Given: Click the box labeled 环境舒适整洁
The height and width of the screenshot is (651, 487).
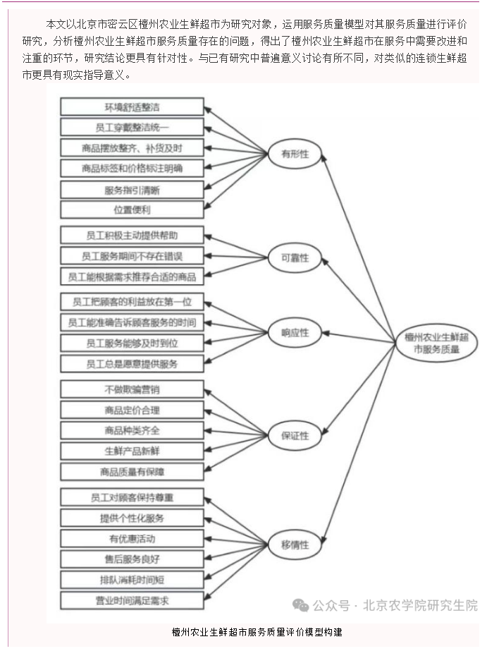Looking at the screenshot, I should tap(132, 107).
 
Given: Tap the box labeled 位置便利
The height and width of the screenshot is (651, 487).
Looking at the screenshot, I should tap(132, 209).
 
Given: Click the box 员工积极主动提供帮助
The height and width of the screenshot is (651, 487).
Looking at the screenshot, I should tap(132, 235).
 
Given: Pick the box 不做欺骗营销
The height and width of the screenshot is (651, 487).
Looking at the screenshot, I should tap(132, 389).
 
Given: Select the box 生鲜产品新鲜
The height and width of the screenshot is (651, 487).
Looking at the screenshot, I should tap(132, 451).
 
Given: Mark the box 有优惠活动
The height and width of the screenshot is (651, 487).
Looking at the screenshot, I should tap(132, 538).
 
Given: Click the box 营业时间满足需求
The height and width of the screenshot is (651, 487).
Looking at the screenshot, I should tap(132, 600).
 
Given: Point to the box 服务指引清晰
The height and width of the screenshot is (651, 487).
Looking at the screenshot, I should tap(132, 190).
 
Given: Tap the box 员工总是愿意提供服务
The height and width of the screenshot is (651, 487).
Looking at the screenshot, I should tap(132, 364).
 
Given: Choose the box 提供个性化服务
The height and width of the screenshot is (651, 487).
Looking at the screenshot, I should tap(132, 518).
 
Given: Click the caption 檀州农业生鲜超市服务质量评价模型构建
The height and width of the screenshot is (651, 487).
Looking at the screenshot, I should tap(257, 631).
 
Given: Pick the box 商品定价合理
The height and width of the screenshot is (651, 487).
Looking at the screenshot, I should tap(132, 410).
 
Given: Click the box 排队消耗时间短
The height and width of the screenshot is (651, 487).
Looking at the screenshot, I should tap(132, 580).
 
